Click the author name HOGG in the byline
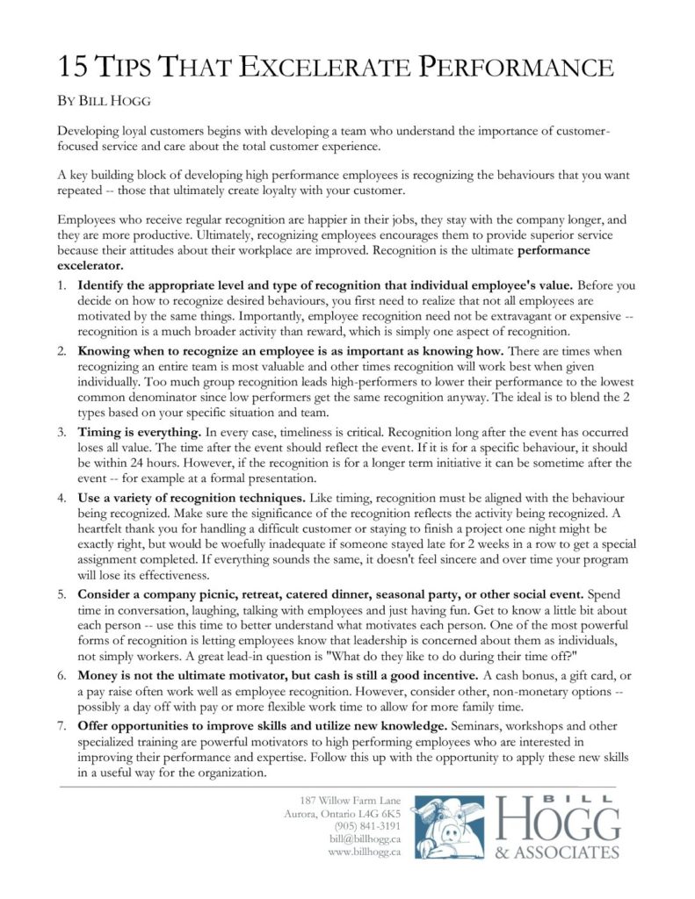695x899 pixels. click(x=121, y=100)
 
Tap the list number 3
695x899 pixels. click(x=62, y=433)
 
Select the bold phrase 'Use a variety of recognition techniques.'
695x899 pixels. click(x=192, y=498)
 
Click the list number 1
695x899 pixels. click(x=62, y=286)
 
